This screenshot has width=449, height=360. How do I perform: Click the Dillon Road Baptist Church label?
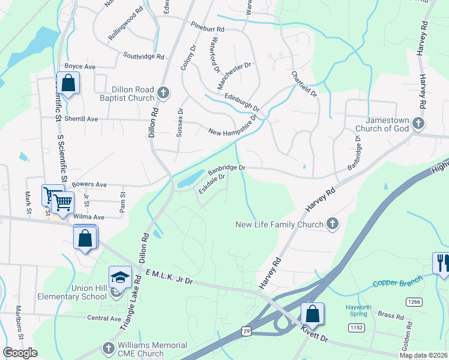tap(124, 93)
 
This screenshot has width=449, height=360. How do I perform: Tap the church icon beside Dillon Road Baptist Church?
tap(163, 93)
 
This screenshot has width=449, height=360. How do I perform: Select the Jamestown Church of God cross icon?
tap(419, 124)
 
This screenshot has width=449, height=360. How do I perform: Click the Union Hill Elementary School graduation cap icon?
tap(120, 277)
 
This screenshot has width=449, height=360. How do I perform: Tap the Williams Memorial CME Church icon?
tap(108, 348)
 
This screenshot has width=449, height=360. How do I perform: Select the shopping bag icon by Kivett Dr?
tap(312, 313)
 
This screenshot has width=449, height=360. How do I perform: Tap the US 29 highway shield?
tap(246, 330)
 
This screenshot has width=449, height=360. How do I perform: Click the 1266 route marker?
tap(413, 301)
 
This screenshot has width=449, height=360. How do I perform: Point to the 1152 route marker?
tap(356, 327)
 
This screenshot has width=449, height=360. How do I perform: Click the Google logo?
tap(20, 353)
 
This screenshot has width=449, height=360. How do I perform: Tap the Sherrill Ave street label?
tap(82, 119)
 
